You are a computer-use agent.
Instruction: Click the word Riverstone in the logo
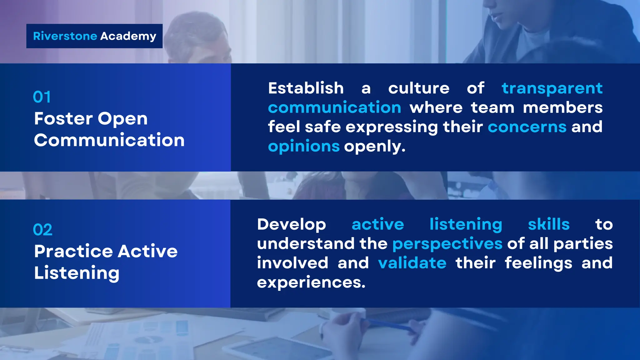[65, 36]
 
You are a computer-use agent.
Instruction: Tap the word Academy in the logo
[128, 37]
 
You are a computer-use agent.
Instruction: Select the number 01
[42, 97]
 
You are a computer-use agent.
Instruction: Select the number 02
[42, 230]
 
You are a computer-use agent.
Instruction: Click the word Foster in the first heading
[64, 119]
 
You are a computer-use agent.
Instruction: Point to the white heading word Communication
[109, 140]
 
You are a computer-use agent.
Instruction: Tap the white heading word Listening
[77, 273]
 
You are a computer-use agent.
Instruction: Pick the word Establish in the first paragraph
[306, 88]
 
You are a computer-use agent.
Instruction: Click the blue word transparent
[552, 88]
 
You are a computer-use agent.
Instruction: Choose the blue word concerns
[527, 127]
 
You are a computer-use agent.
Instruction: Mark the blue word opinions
[304, 146]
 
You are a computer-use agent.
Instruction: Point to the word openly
[375, 146]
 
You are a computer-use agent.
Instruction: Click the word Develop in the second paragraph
[292, 225]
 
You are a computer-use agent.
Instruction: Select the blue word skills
[549, 224]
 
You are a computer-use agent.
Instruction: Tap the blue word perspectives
[447, 244]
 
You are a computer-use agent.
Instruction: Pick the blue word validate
[412, 263]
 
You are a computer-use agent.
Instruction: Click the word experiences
[311, 282]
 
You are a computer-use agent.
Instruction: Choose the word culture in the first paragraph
[419, 88]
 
